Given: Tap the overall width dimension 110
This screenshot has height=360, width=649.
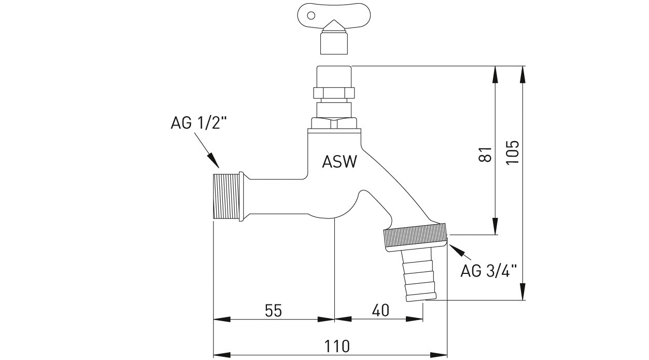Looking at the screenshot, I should (337, 345).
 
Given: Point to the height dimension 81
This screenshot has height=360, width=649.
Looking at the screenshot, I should (485, 154).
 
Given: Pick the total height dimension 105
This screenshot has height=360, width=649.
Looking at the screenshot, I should (512, 151).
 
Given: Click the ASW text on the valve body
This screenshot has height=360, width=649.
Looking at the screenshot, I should (340, 162).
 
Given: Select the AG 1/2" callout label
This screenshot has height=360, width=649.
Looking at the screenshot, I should (199, 123).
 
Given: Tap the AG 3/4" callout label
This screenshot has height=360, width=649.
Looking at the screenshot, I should (489, 271).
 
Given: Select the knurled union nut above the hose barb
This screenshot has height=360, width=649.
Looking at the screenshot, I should (415, 238).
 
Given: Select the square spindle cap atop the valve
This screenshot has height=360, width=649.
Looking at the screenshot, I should (334, 76).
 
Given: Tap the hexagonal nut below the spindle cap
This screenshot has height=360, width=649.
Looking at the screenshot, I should (334, 93).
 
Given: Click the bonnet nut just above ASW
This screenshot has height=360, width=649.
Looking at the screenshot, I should (334, 124).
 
